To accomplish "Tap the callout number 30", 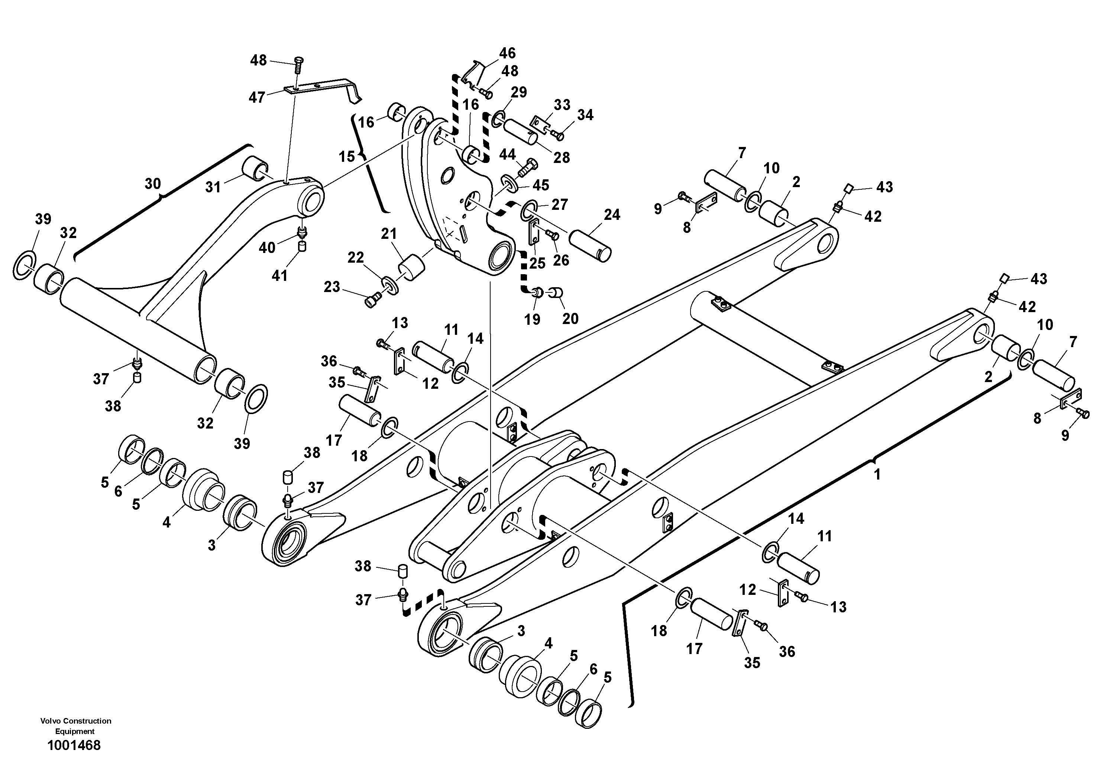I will [x=153, y=184].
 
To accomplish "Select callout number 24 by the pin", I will [x=612, y=215].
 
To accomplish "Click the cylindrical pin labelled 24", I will [x=590, y=246].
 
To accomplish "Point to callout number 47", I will [x=257, y=97].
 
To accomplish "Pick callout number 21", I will [x=389, y=234].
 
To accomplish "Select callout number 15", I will [x=346, y=157].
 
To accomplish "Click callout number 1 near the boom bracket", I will [x=877, y=475].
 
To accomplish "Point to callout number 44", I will [x=507, y=154].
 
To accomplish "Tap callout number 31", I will [x=213, y=187].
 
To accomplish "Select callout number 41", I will [x=280, y=275].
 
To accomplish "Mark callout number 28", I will [x=561, y=158].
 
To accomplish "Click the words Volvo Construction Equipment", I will [x=75, y=725].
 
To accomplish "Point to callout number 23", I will [x=332, y=287].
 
